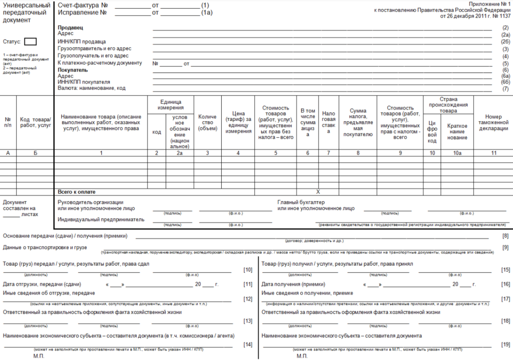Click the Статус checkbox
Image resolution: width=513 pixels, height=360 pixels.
[30, 42]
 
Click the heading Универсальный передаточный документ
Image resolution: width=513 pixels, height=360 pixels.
[27, 13]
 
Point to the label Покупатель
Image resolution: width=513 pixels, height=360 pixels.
[73, 70]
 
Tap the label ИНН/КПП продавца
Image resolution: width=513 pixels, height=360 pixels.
[82, 42]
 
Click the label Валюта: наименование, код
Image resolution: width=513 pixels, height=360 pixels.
[91, 88]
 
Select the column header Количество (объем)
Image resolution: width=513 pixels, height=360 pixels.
[207, 122]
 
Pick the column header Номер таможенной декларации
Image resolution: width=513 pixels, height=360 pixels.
[494, 122]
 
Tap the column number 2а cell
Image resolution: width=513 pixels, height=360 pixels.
[180, 153]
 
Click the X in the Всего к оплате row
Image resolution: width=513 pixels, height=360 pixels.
[318, 192]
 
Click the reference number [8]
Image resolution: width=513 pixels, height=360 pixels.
[505, 236]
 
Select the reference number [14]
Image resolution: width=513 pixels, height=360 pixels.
[248, 344]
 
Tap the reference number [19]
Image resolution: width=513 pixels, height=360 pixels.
[505, 344]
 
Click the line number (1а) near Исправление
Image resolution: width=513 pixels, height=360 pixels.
[207, 13]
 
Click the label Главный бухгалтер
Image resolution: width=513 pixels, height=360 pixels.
[301, 202]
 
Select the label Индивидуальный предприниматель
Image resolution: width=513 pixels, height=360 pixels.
[101, 219]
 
